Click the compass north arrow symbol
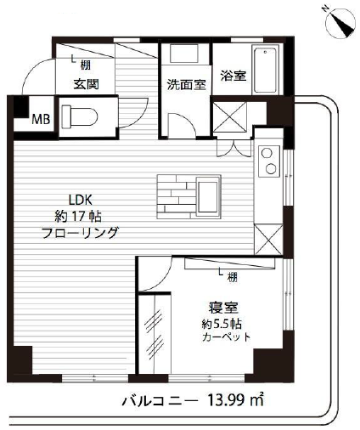click(340, 24)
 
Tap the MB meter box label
click(41, 119)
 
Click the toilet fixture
click(80, 116)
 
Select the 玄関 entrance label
click(86, 84)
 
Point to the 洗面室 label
click(186, 84)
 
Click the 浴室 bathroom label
click(233, 76)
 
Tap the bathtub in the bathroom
click(265, 71)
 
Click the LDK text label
click(81, 200)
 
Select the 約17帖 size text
click(77, 217)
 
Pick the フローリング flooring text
click(80, 233)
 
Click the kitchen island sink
click(208, 197)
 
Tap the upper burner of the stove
click(267, 153)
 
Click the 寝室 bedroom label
click(223, 308)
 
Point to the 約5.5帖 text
click(222, 324)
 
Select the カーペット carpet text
click(226, 337)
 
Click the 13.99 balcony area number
click(228, 400)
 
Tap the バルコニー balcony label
click(159, 400)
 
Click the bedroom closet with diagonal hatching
click(155, 334)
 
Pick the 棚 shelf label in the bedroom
click(233, 277)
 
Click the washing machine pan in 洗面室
click(184, 53)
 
